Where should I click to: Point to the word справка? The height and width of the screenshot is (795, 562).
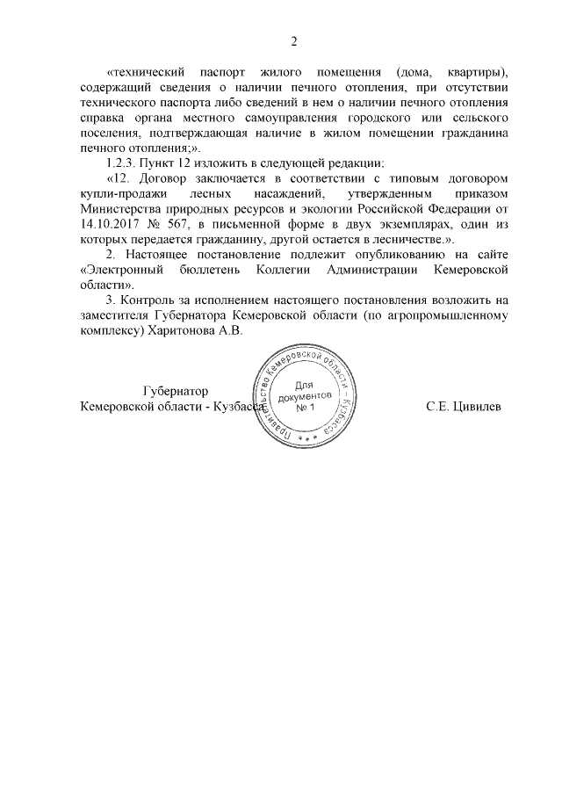pos(100,117)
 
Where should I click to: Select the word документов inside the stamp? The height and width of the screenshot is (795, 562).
pos(304,397)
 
